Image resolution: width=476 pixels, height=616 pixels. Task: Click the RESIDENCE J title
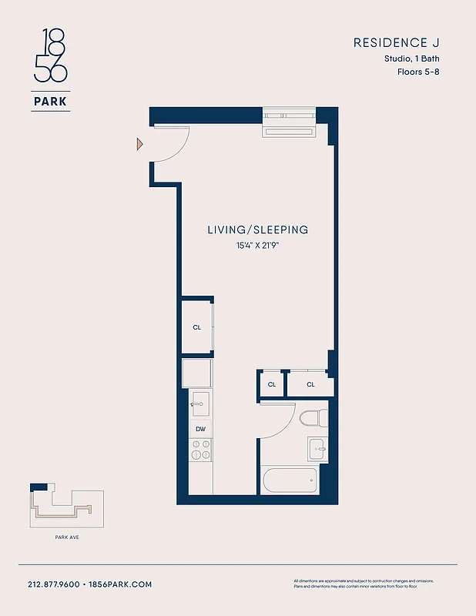[x=396, y=43]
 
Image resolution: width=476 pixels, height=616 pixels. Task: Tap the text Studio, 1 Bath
[x=412, y=59]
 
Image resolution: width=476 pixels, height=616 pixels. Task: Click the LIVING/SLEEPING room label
[x=257, y=229]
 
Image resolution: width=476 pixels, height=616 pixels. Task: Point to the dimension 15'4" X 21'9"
[x=257, y=246]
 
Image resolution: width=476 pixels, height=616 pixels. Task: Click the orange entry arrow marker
[x=139, y=143]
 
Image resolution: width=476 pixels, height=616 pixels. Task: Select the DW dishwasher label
[x=200, y=429]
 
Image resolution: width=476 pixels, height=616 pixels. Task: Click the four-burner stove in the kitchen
[x=200, y=450]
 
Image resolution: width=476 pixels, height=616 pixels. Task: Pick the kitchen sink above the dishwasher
[x=200, y=403]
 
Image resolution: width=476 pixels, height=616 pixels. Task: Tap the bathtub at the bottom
[x=290, y=482]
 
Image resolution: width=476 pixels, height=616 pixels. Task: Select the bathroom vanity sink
[x=317, y=449]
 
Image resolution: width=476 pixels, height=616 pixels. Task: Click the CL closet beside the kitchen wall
[x=197, y=326]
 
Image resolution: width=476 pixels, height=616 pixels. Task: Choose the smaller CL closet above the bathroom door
[x=271, y=384]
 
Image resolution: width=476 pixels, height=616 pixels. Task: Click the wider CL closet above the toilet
[x=310, y=384]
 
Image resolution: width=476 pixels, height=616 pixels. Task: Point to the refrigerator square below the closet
[x=197, y=373]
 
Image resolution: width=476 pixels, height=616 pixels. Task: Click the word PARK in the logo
[x=52, y=100]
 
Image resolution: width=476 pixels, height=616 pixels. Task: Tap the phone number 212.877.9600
[x=54, y=584]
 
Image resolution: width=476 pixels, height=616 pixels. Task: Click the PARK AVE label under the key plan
[x=66, y=537]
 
